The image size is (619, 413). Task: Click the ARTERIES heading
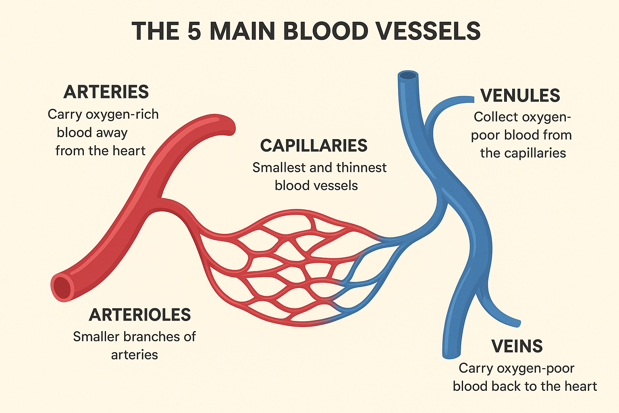pyautogui.click(x=106, y=92)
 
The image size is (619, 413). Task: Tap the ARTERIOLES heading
pyautogui.click(x=139, y=315)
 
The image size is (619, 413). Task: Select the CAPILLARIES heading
pyautogui.click(x=314, y=146)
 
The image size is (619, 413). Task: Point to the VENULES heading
pyautogui.click(x=520, y=96)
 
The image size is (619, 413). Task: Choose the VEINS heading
pyautogui.click(x=517, y=346)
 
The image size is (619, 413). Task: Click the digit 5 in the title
pyautogui.click(x=194, y=31)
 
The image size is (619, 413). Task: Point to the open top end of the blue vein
pyautogui.click(x=408, y=75)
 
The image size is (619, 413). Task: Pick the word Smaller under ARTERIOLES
pyautogui.click(x=96, y=336)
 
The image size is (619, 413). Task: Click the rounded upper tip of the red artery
pyautogui.click(x=228, y=125)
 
